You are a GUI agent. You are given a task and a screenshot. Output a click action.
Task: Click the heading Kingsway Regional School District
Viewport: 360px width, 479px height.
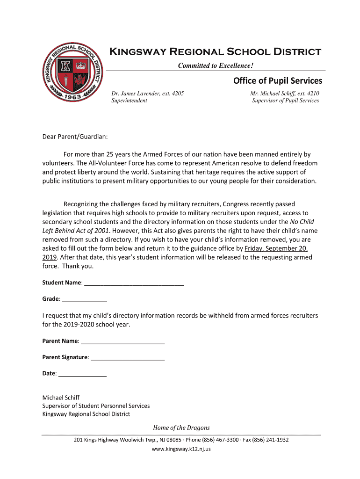pos(215,51)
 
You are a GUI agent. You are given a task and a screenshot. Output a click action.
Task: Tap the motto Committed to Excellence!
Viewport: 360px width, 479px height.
pos(216,65)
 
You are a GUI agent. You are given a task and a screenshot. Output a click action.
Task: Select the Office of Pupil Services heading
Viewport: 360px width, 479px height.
pos(278,81)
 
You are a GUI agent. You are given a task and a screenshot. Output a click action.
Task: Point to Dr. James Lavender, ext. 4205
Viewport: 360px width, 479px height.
pos(147,94)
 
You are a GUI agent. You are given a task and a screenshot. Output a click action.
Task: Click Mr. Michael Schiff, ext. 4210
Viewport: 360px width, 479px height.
pos(285,94)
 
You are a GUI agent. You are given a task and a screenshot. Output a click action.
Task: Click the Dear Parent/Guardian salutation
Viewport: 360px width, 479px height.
pos(75,137)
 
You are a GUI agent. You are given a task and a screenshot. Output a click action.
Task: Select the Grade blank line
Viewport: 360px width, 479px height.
pos(85,299)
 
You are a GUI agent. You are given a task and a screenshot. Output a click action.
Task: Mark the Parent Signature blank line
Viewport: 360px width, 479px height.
pos(128,357)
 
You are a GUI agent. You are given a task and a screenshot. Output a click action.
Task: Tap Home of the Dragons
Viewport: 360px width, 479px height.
pos(181,428)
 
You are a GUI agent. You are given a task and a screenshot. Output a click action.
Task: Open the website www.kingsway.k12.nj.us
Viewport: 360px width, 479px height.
pos(181,449)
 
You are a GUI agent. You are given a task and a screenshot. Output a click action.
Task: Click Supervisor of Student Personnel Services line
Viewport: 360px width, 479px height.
pos(96,406)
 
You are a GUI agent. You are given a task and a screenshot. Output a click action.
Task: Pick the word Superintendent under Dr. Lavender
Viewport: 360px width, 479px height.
pos(129,101)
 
